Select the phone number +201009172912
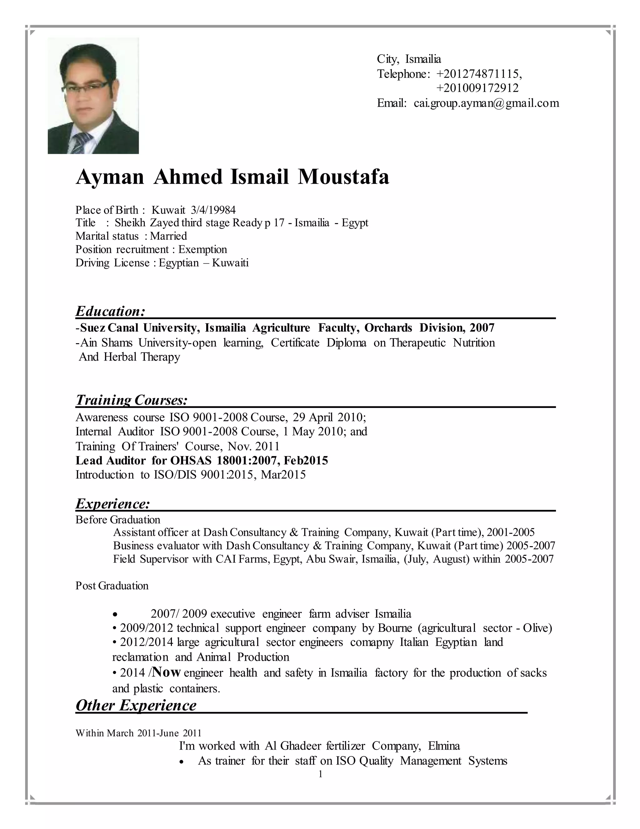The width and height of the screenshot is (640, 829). point(477,89)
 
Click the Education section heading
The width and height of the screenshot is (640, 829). point(110,311)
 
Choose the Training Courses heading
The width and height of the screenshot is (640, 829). point(132,400)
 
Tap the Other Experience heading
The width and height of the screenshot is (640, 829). point(136,705)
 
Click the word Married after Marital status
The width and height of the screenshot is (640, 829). point(168,236)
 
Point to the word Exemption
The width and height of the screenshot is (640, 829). point(202,249)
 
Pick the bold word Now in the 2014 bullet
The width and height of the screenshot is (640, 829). point(167,672)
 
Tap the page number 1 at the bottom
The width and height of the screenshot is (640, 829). point(320,774)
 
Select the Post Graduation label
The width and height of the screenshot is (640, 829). point(112,586)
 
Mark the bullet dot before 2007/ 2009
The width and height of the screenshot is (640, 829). point(116,614)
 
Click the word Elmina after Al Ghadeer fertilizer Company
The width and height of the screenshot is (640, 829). point(444,746)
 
